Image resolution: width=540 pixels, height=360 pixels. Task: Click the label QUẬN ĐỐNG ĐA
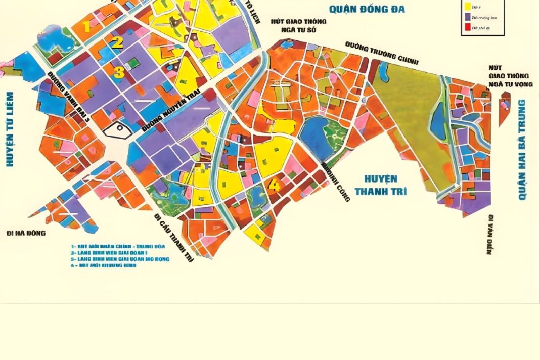coord(367,9)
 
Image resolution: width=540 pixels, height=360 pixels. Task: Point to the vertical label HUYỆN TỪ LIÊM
coord(9,129)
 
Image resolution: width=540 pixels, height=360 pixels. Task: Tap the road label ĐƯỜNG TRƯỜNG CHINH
coord(382,53)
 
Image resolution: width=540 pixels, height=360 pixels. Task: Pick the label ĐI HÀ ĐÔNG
coord(26,233)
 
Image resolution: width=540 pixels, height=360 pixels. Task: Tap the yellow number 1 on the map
coord(87,26)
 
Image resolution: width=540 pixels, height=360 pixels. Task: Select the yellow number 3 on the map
coord(118,72)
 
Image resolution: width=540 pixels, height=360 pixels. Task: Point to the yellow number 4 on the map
coord(274,186)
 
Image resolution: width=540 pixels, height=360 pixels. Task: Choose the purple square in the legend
coord(468,17)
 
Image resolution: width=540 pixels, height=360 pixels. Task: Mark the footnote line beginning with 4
coord(104,265)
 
